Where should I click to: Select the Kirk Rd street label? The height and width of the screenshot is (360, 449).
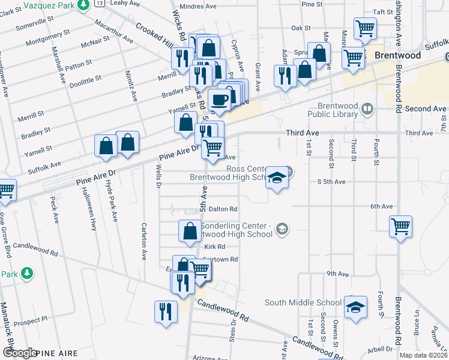[x=214, y=247]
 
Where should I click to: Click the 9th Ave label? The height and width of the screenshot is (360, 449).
[x=338, y=274]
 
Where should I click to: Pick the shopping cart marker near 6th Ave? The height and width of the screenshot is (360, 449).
[x=400, y=226]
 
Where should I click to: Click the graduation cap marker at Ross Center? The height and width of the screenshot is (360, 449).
[x=277, y=178]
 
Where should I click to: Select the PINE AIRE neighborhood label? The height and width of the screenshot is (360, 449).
[x=56, y=353]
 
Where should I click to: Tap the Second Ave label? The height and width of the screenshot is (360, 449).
[x=426, y=109]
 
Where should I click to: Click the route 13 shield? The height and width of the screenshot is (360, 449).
[x=99, y=3]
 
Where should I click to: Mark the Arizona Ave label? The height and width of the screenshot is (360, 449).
[x=210, y=358]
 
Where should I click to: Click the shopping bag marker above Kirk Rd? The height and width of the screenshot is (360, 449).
[x=190, y=230]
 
